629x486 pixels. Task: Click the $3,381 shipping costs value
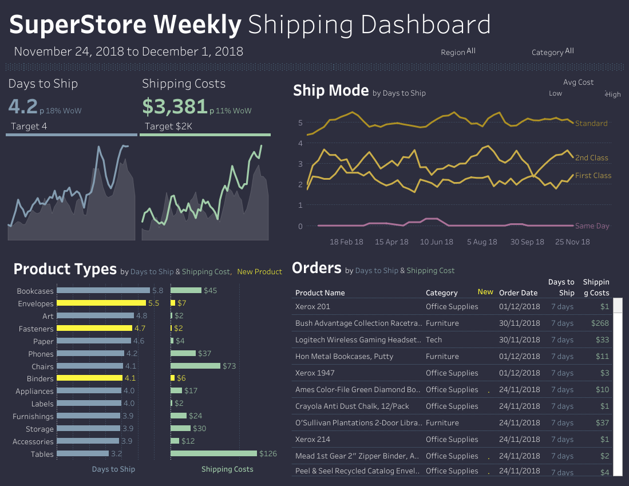pos(175,106)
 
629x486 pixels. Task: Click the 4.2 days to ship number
pos(23,106)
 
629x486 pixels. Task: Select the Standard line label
pos(591,124)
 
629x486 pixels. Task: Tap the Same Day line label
pos(592,226)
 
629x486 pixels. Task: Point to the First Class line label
pos(593,176)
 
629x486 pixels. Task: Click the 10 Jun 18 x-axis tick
pos(437,242)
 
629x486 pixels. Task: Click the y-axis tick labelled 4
pos(300,143)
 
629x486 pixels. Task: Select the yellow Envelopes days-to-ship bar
pos(101,303)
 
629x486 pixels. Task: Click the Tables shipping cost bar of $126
pos(213,453)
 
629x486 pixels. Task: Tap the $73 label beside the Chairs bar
pos(230,366)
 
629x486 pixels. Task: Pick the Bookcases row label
pos(35,291)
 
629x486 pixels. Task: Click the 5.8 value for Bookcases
pos(157,291)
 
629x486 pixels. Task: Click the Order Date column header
pos(518,293)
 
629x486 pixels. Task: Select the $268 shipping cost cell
pos(600,323)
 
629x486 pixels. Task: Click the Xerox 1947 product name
pos(315,373)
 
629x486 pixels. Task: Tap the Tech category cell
pos(434,340)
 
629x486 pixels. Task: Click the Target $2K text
pos(168,127)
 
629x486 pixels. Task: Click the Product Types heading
pos(65,270)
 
